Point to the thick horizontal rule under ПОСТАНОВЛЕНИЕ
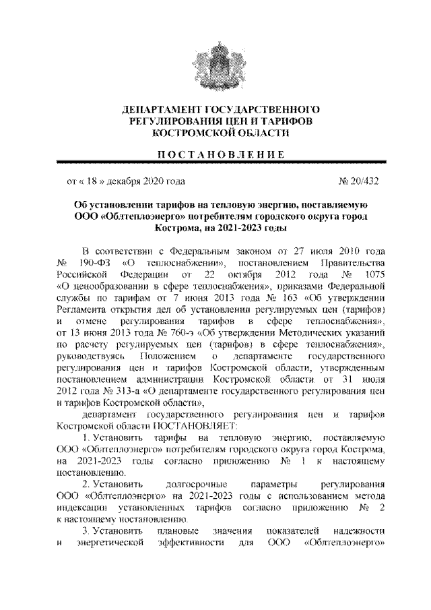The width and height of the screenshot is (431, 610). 215,162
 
